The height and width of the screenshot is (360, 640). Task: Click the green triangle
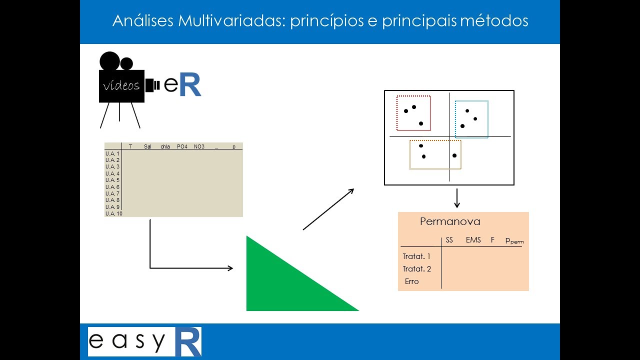[x=285, y=285]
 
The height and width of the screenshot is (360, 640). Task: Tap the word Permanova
[x=450, y=221]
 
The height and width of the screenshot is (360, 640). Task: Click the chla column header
[x=165, y=146]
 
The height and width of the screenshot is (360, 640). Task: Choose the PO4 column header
[x=182, y=146]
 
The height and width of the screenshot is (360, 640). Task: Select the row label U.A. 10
[x=114, y=213]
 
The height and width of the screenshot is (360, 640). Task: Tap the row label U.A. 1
[x=112, y=153]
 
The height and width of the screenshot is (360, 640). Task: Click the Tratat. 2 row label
[x=416, y=269]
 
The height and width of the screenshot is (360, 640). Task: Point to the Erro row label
[x=411, y=281]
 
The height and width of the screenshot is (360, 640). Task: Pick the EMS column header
[x=473, y=240]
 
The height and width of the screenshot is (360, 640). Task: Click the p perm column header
[x=514, y=240]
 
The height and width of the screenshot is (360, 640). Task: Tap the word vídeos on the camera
[x=121, y=85]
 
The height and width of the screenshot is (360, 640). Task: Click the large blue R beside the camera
[x=189, y=85]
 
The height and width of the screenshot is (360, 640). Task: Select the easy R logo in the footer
[x=144, y=341]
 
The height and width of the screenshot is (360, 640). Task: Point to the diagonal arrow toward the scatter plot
[x=328, y=209]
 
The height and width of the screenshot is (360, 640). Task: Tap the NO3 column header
[x=199, y=146]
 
